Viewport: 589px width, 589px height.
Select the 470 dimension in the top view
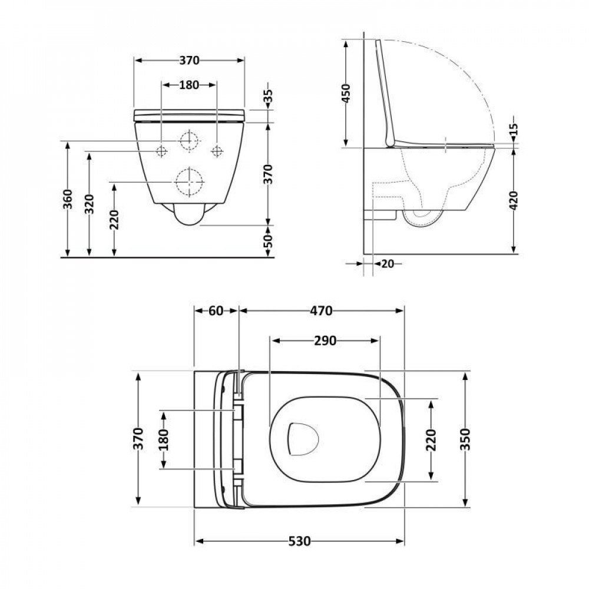tap(322, 310)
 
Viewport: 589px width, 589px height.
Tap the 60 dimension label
tap(216, 310)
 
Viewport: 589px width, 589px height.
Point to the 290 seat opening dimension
tap(325, 340)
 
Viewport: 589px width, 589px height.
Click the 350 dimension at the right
tap(465, 439)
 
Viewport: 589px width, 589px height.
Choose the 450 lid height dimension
tap(346, 94)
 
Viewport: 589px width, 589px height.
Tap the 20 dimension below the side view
tap(387, 264)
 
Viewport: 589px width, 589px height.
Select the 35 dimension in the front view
tap(268, 97)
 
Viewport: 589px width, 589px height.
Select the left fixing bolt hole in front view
tap(161, 151)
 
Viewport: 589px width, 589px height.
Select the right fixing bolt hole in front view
tap(217, 151)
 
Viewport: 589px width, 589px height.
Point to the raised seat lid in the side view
tap(386, 94)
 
